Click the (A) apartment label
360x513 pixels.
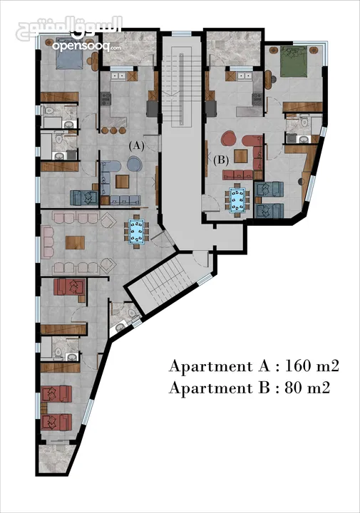coord(136,146)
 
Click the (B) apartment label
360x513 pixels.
coord(221,160)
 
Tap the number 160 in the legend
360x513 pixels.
coord(297,366)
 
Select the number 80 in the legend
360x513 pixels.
coord(293,388)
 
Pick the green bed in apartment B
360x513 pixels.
coord(294,61)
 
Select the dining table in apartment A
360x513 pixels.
coord(136,231)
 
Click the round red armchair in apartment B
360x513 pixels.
coord(229,138)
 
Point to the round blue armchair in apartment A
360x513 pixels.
coord(134,164)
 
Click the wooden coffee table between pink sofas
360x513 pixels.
coord(75,242)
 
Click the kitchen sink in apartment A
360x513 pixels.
coord(118,76)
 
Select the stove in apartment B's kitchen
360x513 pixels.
coord(257,99)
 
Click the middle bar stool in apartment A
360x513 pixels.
coord(113,130)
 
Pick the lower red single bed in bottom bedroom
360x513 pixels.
coord(56,423)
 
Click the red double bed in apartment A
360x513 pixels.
coord(69,287)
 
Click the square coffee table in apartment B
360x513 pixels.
coord(240,156)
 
